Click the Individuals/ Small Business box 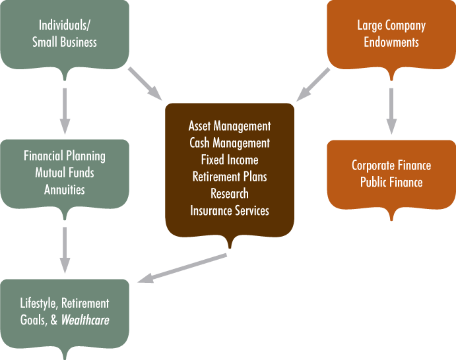[x=64, y=34]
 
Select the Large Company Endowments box [x=391, y=34]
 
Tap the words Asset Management [x=230, y=126]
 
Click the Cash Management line [x=230, y=142]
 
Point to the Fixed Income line [x=230, y=160]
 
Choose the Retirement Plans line [x=230, y=177]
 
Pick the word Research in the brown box [x=230, y=194]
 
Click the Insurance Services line [x=230, y=210]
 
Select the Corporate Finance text [x=391, y=165]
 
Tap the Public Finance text [x=391, y=182]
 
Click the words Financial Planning [x=64, y=156]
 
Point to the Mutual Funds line [x=64, y=173]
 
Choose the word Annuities [x=64, y=190]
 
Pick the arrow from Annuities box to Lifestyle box [x=64, y=249]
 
